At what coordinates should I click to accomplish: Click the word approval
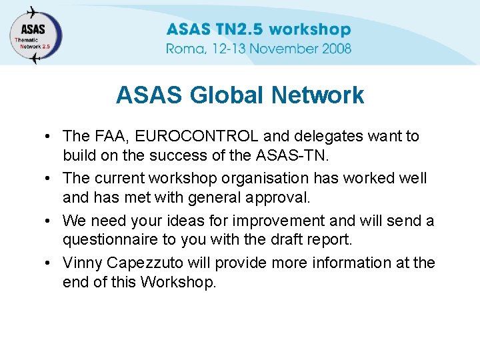(274, 198)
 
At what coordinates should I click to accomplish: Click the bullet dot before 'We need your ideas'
(50, 221)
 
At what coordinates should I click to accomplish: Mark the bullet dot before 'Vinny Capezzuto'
(50, 263)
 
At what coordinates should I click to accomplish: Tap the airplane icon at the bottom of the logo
(35, 58)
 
